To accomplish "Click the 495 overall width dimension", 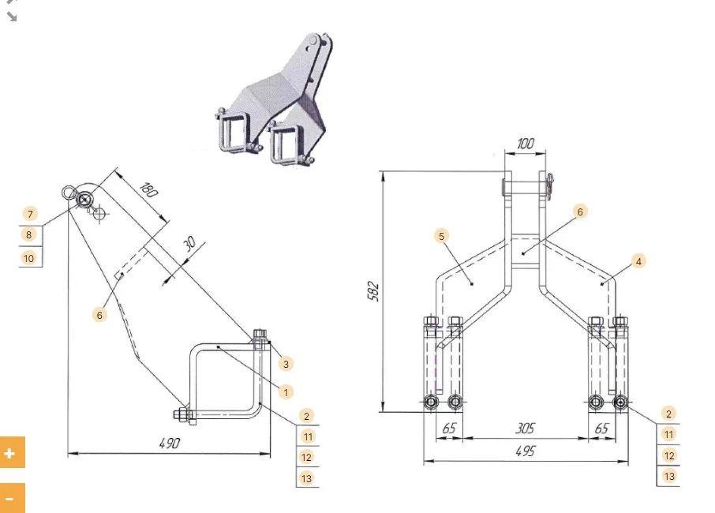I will pos(524,451).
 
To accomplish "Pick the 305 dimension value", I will pos(524,428).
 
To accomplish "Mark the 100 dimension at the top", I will pos(525,144).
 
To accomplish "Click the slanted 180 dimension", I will pos(148,189).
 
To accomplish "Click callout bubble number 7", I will pos(30,214).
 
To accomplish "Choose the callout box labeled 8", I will pos(30,235).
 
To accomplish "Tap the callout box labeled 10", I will pos(30,257).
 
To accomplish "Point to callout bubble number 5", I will pos(442,236).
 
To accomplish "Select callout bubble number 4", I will pos(638,260).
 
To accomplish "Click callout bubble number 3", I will pos(286,364).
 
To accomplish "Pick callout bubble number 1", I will pos(286,391).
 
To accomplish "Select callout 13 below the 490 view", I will pos(307,477).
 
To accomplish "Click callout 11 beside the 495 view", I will pos(669,434).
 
